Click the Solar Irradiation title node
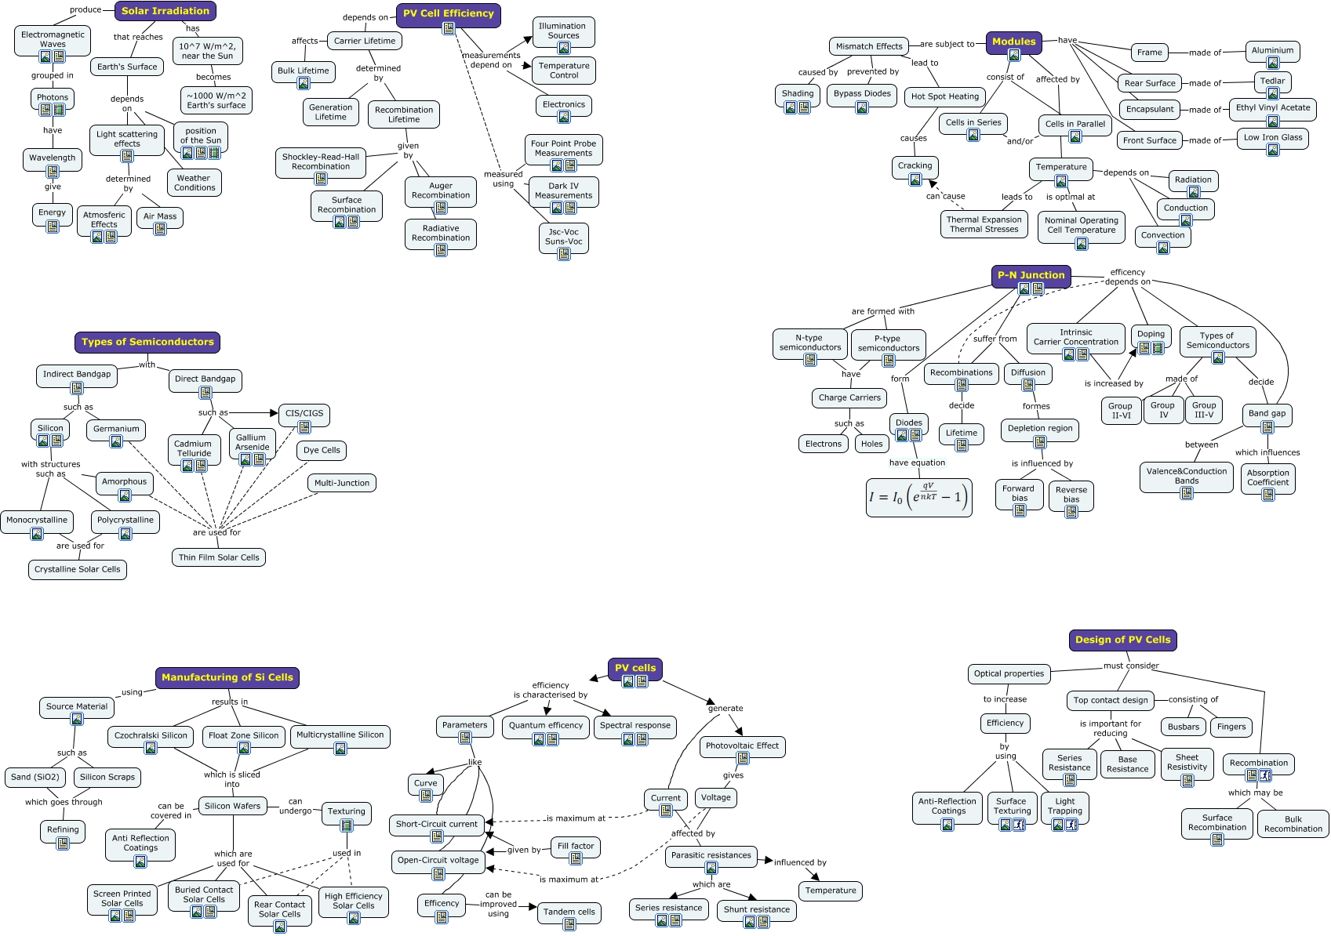pyautogui.click(x=165, y=11)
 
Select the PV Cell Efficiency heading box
pyautogui.click(x=448, y=13)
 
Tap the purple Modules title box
pyautogui.click(x=1013, y=42)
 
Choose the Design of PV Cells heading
pyautogui.click(x=1122, y=640)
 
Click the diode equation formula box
pyautogui.click(x=918, y=498)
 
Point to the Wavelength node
pyautogui.click(x=53, y=158)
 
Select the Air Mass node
pyautogui.click(x=160, y=216)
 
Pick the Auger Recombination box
pyautogui.click(x=441, y=190)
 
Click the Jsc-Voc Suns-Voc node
pyautogui.click(x=564, y=237)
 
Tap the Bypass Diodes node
pyautogui.click(x=862, y=93)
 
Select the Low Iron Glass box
pyautogui.click(x=1272, y=137)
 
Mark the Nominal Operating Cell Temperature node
pyautogui.click(x=1081, y=225)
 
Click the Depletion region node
pyautogui.click(x=1040, y=428)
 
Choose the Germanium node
pyautogui.click(x=116, y=429)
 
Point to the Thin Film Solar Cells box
pyautogui.click(x=219, y=557)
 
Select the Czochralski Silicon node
pyautogui.click(x=151, y=735)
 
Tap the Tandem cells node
pyautogui.click(x=569, y=912)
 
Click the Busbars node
pyautogui.click(x=1183, y=727)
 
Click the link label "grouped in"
pyautogui.click(x=53, y=76)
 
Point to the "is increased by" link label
pyautogui.click(x=1114, y=383)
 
